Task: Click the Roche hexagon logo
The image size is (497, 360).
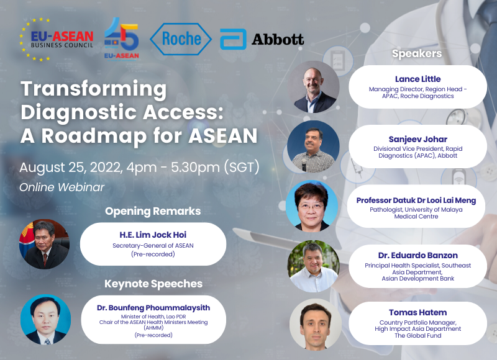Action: coord(181,39)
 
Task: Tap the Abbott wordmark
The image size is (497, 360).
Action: coord(278,40)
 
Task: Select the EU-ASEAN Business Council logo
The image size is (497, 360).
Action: coord(57,39)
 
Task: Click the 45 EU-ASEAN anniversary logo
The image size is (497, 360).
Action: coord(121,38)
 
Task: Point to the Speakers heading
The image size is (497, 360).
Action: coord(417,53)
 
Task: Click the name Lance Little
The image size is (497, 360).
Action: coord(417,79)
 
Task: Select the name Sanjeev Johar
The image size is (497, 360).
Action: coord(417,139)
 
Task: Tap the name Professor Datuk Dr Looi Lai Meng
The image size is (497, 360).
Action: coord(416,200)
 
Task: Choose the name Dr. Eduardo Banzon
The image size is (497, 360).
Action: coord(417,255)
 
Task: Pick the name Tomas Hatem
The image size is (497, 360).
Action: coord(417,312)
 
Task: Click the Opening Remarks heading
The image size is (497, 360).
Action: coord(153,211)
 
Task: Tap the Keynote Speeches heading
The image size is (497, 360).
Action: coord(153,284)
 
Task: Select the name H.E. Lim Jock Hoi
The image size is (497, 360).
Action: coord(153,235)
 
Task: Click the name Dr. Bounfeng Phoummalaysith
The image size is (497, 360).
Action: coord(153,308)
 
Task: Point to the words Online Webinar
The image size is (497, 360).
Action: coord(62,187)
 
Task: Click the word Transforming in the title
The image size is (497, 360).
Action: coord(94,89)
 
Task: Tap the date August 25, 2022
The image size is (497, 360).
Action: coord(71,167)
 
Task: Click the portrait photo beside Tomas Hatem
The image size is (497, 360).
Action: coord(316,324)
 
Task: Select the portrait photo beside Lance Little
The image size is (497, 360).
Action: coord(314,87)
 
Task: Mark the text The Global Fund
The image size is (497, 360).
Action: coord(417,336)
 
